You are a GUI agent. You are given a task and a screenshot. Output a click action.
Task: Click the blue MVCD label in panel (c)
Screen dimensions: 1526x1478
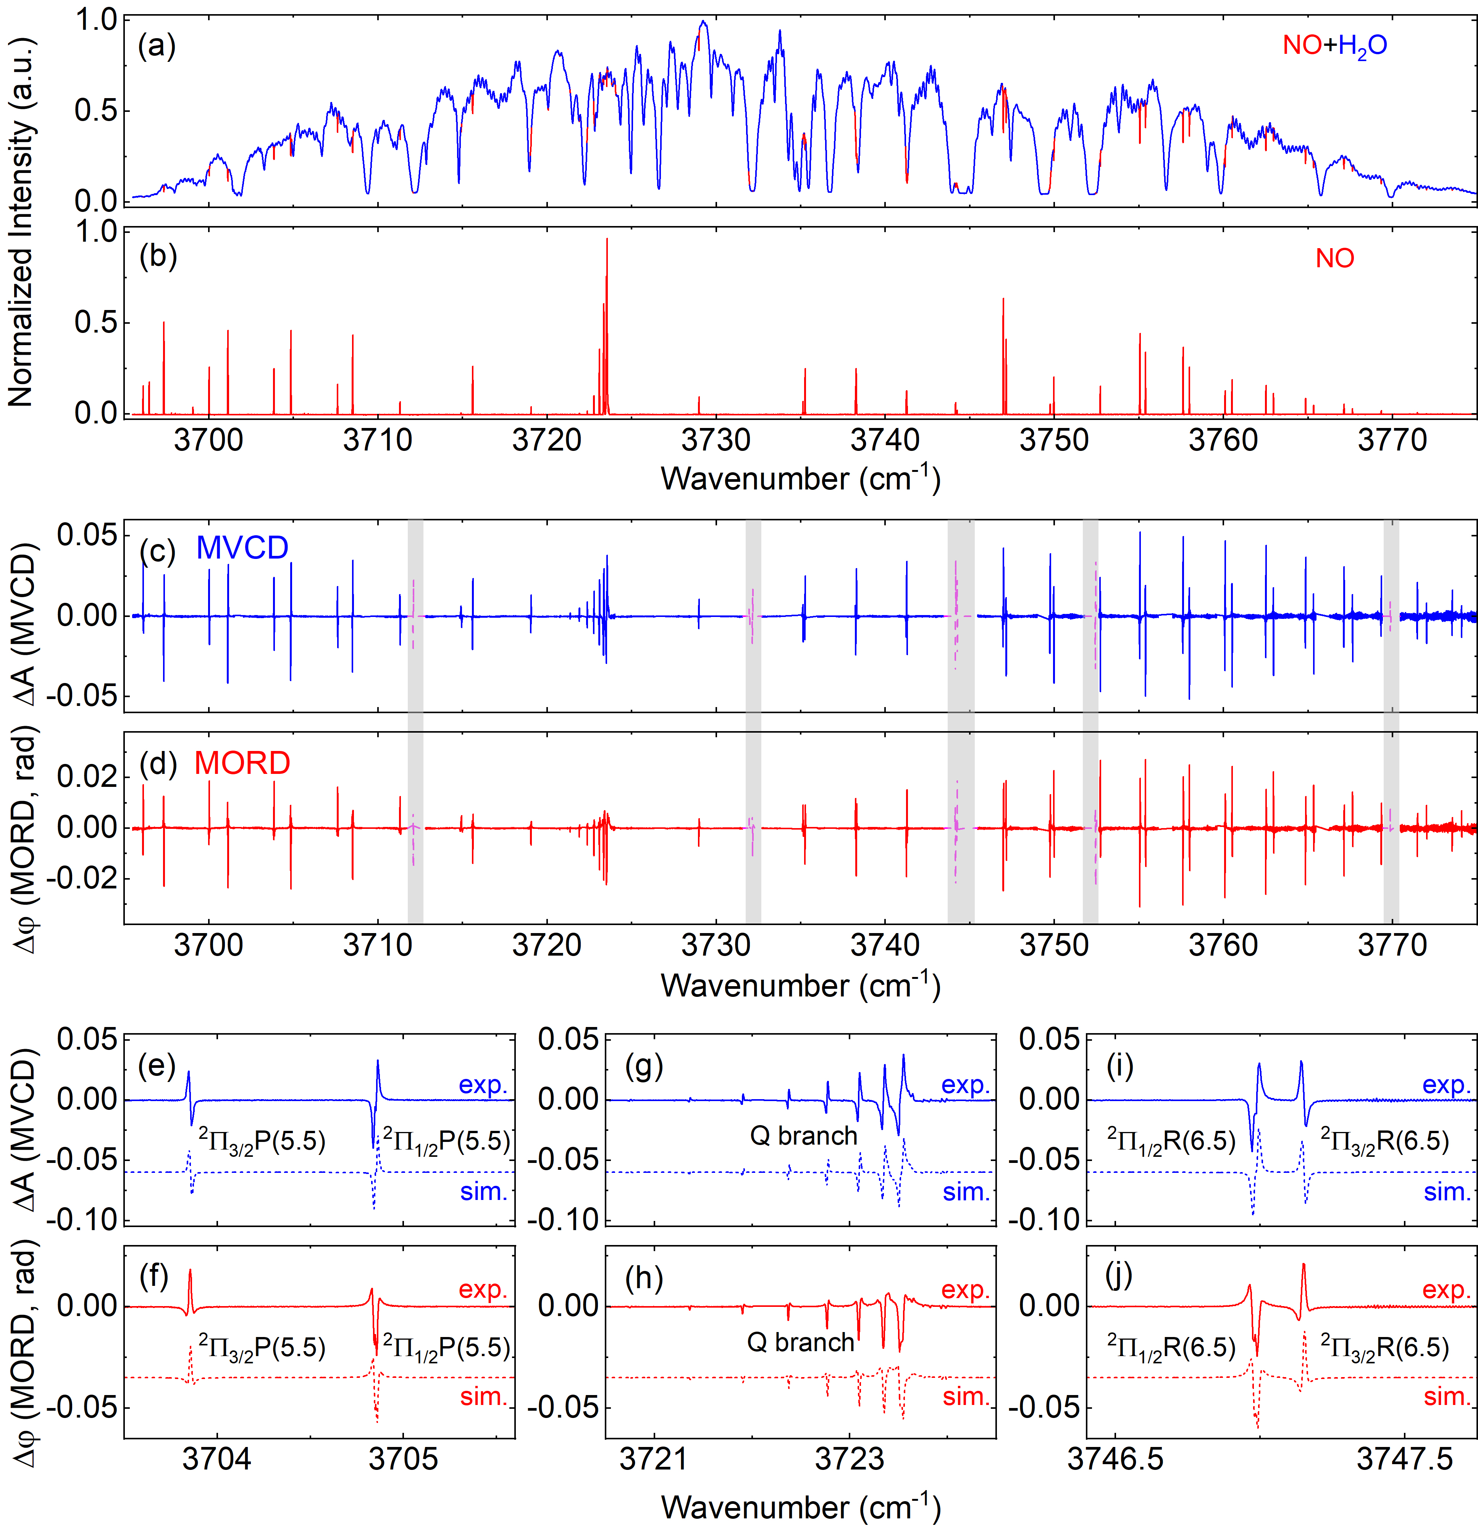coord(242,548)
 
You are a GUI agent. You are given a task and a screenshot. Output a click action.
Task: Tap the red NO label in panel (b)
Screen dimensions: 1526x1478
coord(1335,258)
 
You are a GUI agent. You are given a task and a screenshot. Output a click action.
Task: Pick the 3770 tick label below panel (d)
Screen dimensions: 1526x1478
coord(1392,946)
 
